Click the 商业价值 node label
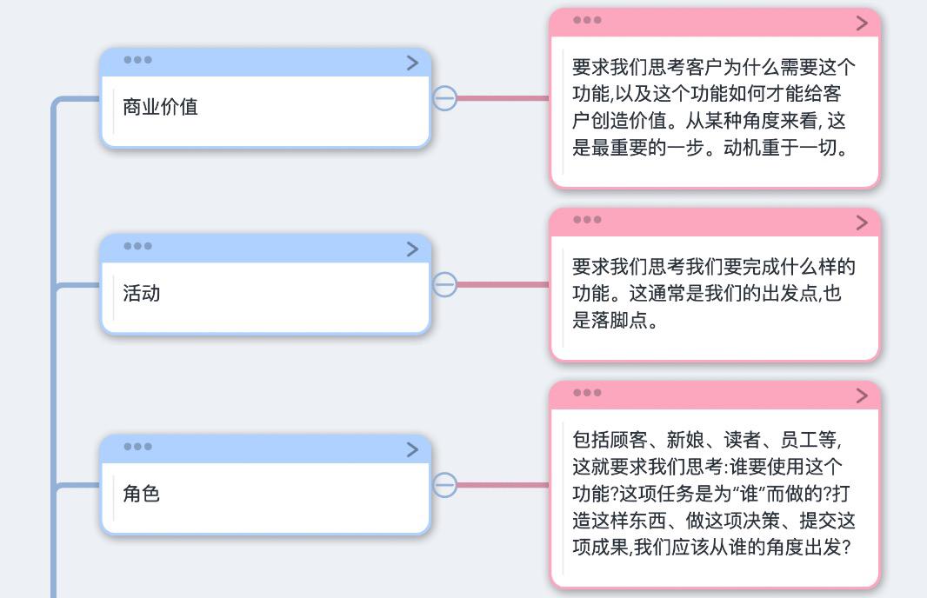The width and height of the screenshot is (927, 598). pyautogui.click(x=160, y=107)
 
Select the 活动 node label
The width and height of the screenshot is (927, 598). pyautogui.click(x=141, y=293)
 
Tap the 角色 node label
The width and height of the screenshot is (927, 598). pyautogui.click(x=141, y=494)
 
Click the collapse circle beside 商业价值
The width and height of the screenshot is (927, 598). pyautogui.click(x=444, y=98)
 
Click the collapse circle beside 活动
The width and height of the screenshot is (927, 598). pyautogui.click(x=444, y=284)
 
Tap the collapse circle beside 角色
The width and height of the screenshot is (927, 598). pyautogui.click(x=444, y=485)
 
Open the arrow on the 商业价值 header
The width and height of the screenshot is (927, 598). pyautogui.click(x=413, y=63)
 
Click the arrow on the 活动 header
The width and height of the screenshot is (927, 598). pyautogui.click(x=413, y=249)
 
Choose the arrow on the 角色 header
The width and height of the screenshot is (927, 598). pyautogui.click(x=413, y=449)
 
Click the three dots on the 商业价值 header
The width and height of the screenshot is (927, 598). pyautogui.click(x=137, y=60)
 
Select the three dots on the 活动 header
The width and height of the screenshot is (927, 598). pyautogui.click(x=137, y=246)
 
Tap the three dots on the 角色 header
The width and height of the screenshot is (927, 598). pyautogui.click(x=137, y=446)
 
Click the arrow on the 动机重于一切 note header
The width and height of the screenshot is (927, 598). pyautogui.click(x=862, y=23)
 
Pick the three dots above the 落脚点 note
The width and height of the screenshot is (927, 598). pyautogui.click(x=587, y=220)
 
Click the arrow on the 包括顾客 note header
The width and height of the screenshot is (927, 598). pyautogui.click(x=862, y=395)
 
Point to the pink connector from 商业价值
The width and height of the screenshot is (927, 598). pyautogui.click(x=504, y=98)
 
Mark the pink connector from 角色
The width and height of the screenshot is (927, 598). pyautogui.click(x=504, y=485)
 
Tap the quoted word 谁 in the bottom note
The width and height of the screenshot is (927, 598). pyautogui.click(x=749, y=494)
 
